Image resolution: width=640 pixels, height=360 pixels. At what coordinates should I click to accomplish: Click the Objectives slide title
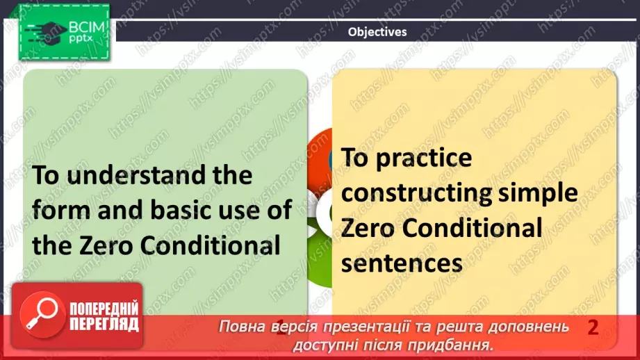click(377, 32)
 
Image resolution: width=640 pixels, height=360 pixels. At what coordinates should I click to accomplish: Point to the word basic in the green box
click(160, 208)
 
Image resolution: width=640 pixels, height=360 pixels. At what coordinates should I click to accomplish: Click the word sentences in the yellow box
click(402, 263)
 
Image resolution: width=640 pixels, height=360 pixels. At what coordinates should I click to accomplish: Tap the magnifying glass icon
click(40, 315)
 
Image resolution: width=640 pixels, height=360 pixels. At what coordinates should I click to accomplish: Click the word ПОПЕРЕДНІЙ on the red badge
click(104, 309)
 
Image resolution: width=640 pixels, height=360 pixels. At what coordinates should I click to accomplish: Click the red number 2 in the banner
click(593, 327)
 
